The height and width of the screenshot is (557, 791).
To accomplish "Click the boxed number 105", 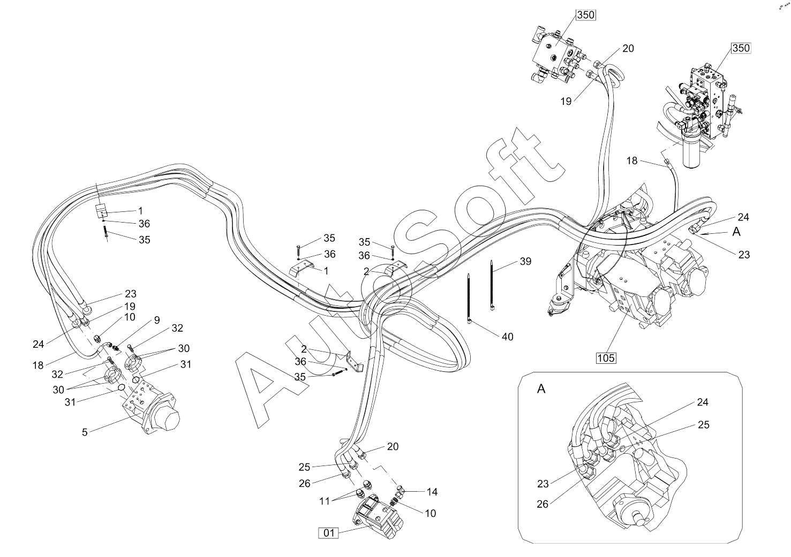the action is click(606, 358).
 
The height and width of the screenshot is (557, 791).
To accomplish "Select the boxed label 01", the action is click(328, 533).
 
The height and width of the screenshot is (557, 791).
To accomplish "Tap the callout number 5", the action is click(85, 432).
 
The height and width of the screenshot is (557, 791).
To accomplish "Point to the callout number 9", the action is click(157, 320).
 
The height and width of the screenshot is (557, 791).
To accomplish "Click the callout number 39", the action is click(525, 262).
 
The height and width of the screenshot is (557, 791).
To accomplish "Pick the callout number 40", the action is click(508, 337).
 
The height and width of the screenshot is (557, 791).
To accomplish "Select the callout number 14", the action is click(432, 492).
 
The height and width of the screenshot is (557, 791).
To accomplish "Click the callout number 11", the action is click(325, 501).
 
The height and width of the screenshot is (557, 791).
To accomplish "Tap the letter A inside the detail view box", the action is click(541, 389).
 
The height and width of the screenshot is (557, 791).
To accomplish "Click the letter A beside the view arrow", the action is click(736, 232).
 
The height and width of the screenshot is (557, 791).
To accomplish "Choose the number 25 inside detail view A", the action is click(703, 425).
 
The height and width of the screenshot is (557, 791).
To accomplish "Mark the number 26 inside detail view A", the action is click(543, 505).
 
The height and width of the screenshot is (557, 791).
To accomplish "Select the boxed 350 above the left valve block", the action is click(586, 15).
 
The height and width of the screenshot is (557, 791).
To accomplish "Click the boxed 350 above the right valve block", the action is click(741, 48).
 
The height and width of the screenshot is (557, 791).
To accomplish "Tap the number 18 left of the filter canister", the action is click(632, 161).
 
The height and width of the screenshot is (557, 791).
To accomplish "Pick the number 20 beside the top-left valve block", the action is click(628, 48).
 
